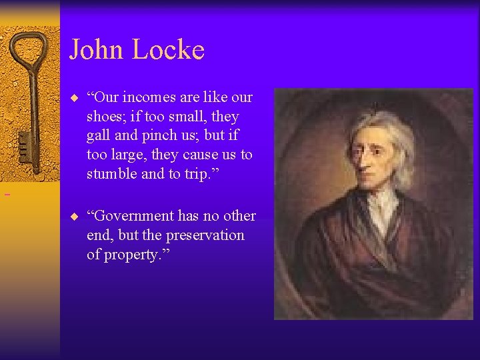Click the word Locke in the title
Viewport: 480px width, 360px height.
169,50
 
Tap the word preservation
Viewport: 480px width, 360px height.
203,235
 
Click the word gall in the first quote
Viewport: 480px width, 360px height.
99,136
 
